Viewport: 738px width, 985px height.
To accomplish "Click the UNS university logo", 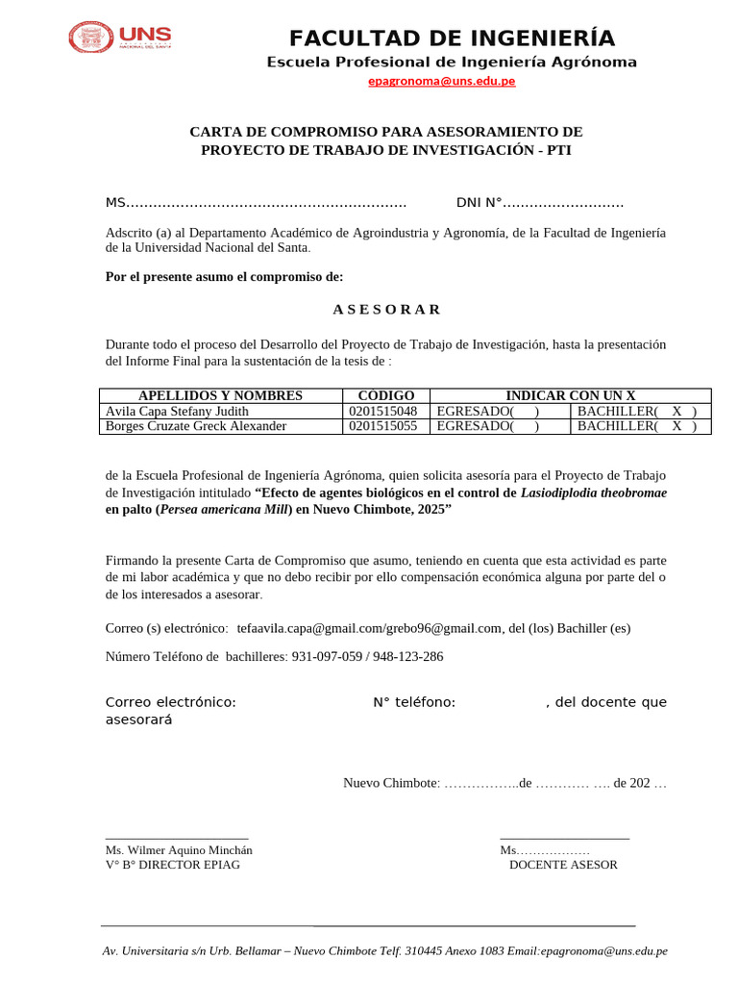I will [x=118, y=38].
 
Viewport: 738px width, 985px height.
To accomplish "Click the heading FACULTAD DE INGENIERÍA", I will [x=452, y=38].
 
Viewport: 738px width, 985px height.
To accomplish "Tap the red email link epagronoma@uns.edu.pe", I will [x=442, y=81].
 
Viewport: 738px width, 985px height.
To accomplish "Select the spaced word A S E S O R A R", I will [x=386, y=309].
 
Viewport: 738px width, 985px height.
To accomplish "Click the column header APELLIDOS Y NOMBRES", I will [x=220, y=395].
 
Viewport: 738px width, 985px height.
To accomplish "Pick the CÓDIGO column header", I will [x=385, y=395].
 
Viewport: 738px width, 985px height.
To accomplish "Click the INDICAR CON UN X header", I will [x=571, y=395].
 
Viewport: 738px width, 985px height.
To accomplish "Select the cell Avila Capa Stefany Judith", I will [x=177, y=411].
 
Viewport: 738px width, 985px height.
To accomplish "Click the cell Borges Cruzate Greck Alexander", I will [x=195, y=426].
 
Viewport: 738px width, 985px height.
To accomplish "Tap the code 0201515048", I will [x=383, y=411].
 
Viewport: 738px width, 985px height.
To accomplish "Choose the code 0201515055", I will [x=383, y=426].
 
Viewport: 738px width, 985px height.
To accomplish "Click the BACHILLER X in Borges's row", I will [x=676, y=426].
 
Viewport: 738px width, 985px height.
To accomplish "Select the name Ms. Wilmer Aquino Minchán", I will [x=179, y=850].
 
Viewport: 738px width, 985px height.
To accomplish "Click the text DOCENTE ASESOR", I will [x=563, y=865].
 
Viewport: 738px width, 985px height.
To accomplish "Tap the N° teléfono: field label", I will [x=414, y=702].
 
